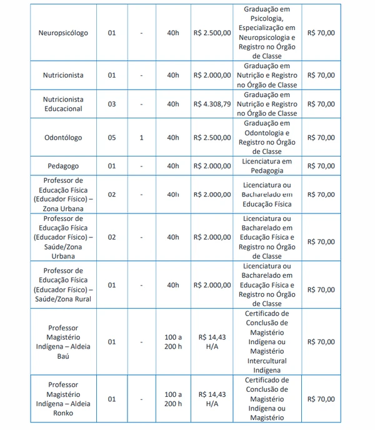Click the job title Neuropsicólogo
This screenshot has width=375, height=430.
pyautogui.click(x=63, y=33)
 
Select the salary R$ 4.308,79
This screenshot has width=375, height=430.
pyautogui.click(x=212, y=104)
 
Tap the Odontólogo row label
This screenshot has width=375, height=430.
pyautogui.click(x=63, y=138)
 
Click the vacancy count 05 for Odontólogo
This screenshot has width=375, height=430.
pyautogui.click(x=112, y=138)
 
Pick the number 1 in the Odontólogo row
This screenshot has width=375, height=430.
pyautogui.click(x=142, y=138)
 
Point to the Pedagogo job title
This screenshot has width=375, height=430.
pyautogui.click(x=63, y=166)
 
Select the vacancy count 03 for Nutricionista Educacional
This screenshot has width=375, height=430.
pyautogui.click(x=112, y=104)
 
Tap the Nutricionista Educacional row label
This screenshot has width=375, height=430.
pyautogui.click(x=63, y=104)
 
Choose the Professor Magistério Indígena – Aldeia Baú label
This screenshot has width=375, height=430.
pyautogui.click(x=63, y=342)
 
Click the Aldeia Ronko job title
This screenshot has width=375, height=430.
pyautogui.click(x=63, y=399)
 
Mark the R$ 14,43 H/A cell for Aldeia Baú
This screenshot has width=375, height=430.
pyautogui.click(x=212, y=342)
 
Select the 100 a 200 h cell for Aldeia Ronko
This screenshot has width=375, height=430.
pyautogui.click(x=173, y=399)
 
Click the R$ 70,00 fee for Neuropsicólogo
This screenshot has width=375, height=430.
pyautogui.click(x=321, y=33)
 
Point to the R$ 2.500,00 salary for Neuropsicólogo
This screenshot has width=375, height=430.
pyautogui.click(x=212, y=33)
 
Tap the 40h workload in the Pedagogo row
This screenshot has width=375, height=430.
pyautogui.click(x=173, y=166)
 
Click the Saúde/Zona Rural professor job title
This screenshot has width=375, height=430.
pyautogui.click(x=63, y=285)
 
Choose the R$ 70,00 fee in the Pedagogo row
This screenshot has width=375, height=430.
pyautogui.click(x=321, y=166)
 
